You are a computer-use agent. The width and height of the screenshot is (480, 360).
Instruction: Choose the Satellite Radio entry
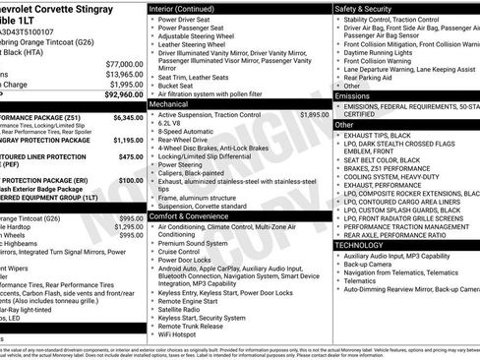tap(182, 310)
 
